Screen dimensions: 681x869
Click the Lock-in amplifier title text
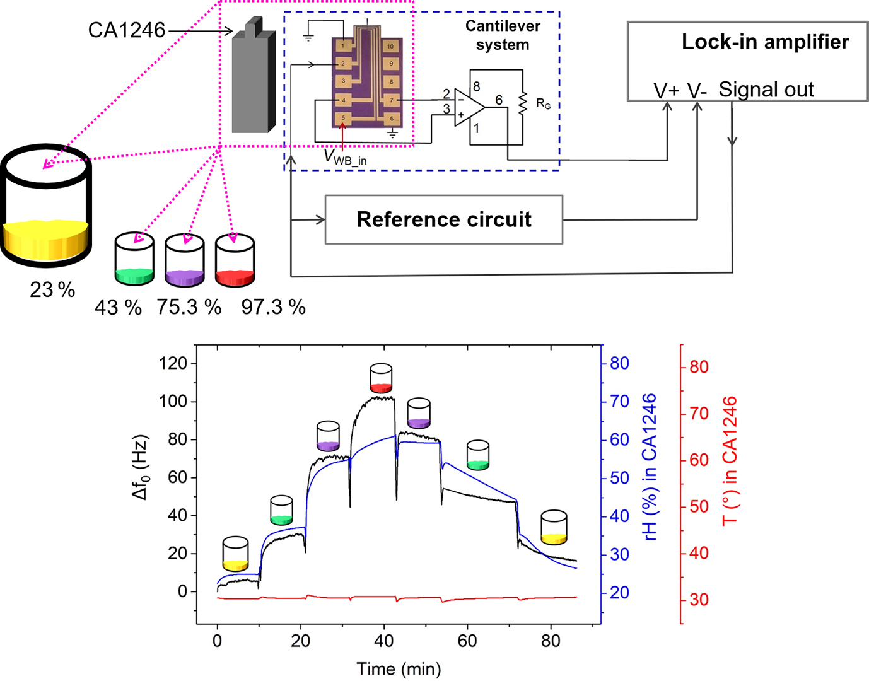pyautogui.click(x=765, y=42)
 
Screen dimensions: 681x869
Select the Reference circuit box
pyautogui.click(x=443, y=219)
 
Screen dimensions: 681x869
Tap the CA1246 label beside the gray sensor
pyautogui.click(x=127, y=30)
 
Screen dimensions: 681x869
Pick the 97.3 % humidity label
pyautogui.click(x=273, y=307)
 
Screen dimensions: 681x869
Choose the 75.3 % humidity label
pyautogui.click(x=189, y=307)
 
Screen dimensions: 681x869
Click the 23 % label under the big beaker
pyautogui.click(x=52, y=289)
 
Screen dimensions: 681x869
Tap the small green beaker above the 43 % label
pyautogui.click(x=134, y=259)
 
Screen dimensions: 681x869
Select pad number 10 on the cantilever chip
pyautogui.click(x=390, y=46)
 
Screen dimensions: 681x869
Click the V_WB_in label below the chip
pyautogui.click(x=345, y=156)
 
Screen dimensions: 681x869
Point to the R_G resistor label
pyautogui.click(x=543, y=103)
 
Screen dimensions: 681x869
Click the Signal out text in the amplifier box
pyautogui.click(x=766, y=90)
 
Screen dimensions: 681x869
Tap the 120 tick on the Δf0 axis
pyautogui.click(x=173, y=363)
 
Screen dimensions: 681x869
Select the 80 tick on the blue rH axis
pyautogui.click(x=619, y=363)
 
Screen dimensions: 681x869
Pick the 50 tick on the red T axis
pyautogui.click(x=699, y=507)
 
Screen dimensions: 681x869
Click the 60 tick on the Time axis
pyautogui.click(x=467, y=641)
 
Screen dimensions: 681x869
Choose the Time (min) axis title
pyautogui.click(x=399, y=669)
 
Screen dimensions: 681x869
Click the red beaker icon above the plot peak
pyautogui.click(x=381, y=378)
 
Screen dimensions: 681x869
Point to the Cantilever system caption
pyautogui.click(x=503, y=35)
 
